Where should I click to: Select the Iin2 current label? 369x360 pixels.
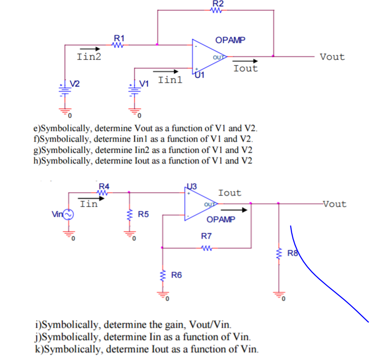89,57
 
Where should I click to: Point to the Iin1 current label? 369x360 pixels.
170,80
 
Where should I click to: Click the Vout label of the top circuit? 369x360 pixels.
332,57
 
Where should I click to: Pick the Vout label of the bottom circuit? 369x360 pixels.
334,204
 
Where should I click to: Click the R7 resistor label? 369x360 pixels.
206,236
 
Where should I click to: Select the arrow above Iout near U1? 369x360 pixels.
246,61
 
